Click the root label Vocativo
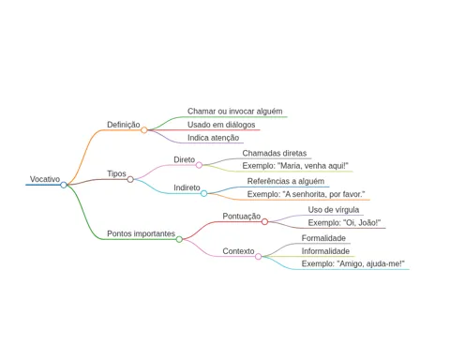pyautogui.click(x=45, y=179)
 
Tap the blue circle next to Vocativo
pyautogui.click(x=64, y=185)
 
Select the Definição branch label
pyautogui.click(x=124, y=125)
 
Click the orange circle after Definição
pyautogui.click(x=143, y=130)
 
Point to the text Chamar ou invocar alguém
pyautogui.click(x=235, y=112)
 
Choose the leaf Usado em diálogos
pyautogui.click(x=221, y=125)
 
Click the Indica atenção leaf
pyautogui.click(x=213, y=138)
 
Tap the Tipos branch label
pyautogui.click(x=116, y=173)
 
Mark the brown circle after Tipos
pyautogui.click(x=130, y=179)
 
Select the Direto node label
pyautogui.click(x=184, y=159)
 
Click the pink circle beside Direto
pyautogui.click(x=199, y=165)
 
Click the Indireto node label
pyautogui.click(x=187, y=187)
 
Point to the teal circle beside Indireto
pyautogui.click(x=203, y=193)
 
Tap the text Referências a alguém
pyautogui.click(x=286, y=181)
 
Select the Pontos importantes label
pyautogui.click(x=141, y=233)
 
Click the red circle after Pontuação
pyautogui.click(x=264, y=222)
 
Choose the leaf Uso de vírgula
pyautogui.click(x=334, y=210)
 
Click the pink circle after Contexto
pyautogui.click(x=258, y=257)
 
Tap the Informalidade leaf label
pyautogui.click(x=325, y=251)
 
